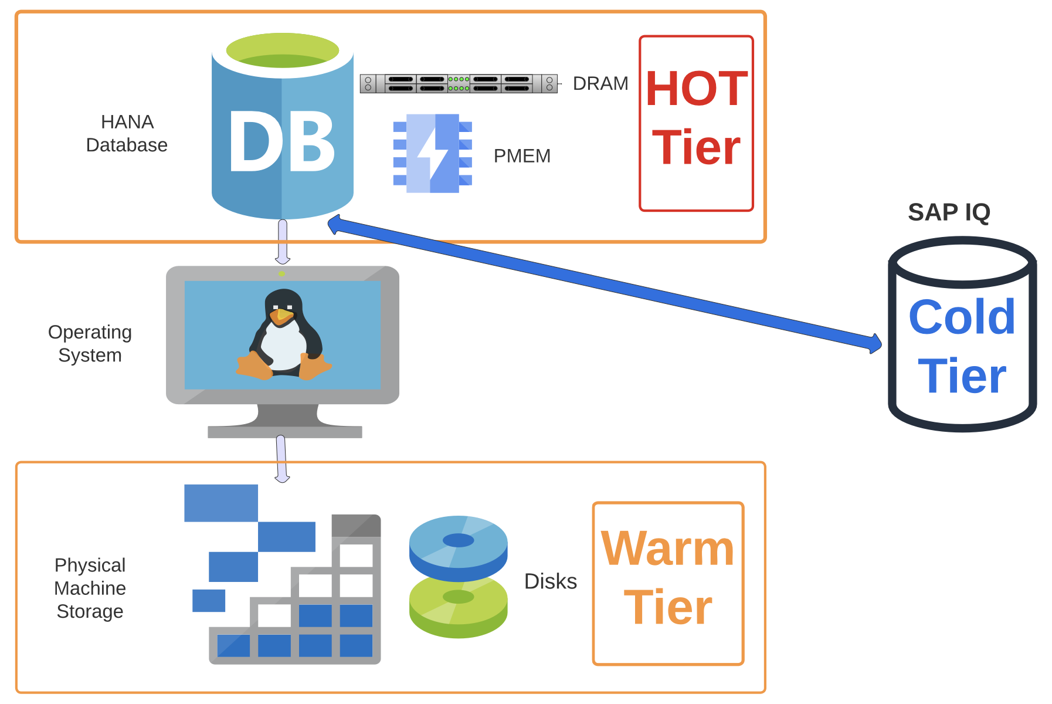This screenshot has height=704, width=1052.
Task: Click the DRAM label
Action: [x=600, y=84]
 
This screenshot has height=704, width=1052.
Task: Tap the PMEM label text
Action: [x=522, y=156]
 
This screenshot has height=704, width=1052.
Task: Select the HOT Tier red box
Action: [x=696, y=123]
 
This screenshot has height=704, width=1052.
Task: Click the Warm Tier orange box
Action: [x=668, y=583]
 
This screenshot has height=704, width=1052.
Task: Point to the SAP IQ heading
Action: [x=949, y=212]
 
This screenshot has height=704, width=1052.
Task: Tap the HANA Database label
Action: [x=127, y=134]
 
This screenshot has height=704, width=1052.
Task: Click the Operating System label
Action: [x=90, y=344]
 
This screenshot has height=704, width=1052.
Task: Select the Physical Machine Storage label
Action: [x=90, y=588]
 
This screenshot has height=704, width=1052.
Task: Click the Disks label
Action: [x=550, y=581]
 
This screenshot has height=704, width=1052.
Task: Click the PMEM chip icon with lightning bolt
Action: [x=433, y=153]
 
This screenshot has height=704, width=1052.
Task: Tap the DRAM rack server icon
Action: [x=459, y=83]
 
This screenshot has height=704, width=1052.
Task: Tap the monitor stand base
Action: [x=285, y=432]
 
